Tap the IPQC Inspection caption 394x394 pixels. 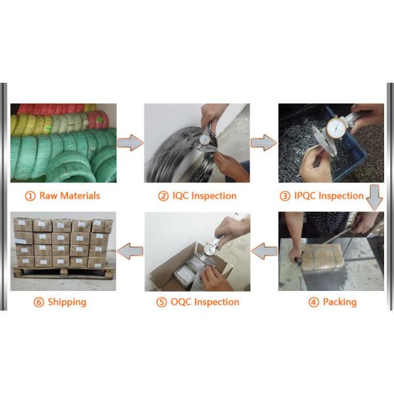point(330,196)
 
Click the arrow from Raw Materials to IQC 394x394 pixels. point(130,142)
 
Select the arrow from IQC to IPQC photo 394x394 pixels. point(263,142)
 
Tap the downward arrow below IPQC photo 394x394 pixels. point(374,198)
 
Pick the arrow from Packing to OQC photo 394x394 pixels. point(264,250)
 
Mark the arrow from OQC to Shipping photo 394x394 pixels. point(130,250)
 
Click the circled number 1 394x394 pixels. point(30,196)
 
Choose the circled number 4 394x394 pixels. point(313,302)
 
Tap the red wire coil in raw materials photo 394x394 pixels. point(98,119)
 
